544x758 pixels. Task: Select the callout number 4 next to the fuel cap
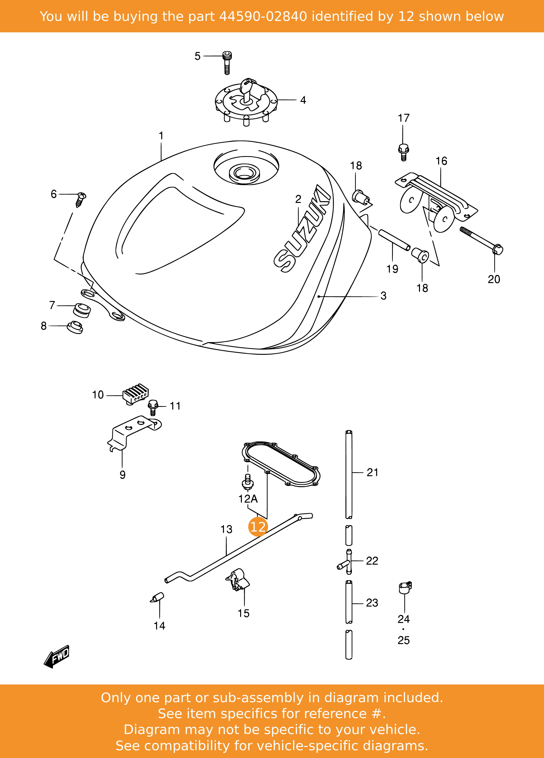pyautogui.click(x=303, y=100)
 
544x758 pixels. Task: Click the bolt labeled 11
pyautogui.click(x=153, y=407)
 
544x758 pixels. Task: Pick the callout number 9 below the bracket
pyautogui.click(x=123, y=475)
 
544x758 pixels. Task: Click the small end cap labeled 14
pyautogui.click(x=157, y=597)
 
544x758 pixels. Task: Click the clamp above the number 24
pyautogui.click(x=405, y=587)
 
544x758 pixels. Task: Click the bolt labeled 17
pyautogui.click(x=403, y=152)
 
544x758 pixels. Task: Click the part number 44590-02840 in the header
pyautogui.click(x=263, y=16)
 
